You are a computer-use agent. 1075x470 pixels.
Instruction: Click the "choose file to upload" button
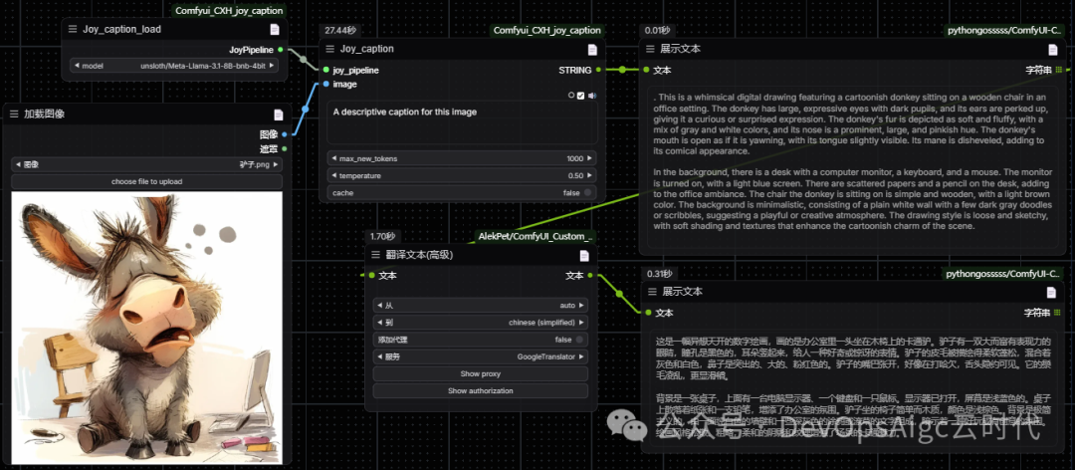pyautogui.click(x=146, y=181)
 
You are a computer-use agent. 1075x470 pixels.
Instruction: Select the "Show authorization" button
pyautogui.click(x=480, y=391)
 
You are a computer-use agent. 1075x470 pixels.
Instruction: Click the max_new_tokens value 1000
pyautogui.click(x=574, y=158)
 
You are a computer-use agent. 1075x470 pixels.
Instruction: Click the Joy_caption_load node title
pyautogui.click(x=121, y=29)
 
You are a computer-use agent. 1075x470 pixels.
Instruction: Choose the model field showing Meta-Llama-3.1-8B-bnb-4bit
pyautogui.click(x=202, y=66)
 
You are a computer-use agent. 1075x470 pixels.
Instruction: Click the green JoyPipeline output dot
pyautogui.click(x=281, y=49)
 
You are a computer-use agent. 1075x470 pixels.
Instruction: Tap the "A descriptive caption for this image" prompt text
pyautogui.click(x=405, y=112)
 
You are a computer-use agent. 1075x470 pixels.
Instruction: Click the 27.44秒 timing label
pyautogui.click(x=339, y=31)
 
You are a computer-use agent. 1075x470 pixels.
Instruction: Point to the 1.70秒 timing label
pyautogui.click(x=382, y=236)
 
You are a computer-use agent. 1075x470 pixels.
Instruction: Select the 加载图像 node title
pyautogui.click(x=45, y=115)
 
